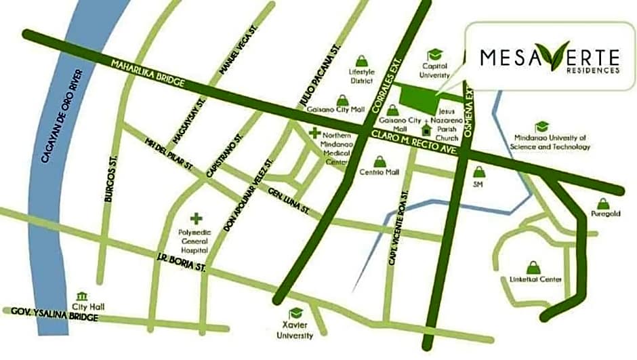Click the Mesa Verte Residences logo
coord(550,60)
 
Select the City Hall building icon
coord(82,296)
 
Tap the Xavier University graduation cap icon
coord(295,313)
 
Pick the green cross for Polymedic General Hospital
coord(197,218)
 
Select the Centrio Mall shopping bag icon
coord(380,161)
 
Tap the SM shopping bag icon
coord(479,172)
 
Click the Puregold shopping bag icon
coord(602,203)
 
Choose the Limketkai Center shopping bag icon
coord(532,268)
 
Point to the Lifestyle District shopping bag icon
coord(362,61)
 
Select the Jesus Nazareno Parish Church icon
coord(426,129)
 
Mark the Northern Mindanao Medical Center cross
coord(314,134)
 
